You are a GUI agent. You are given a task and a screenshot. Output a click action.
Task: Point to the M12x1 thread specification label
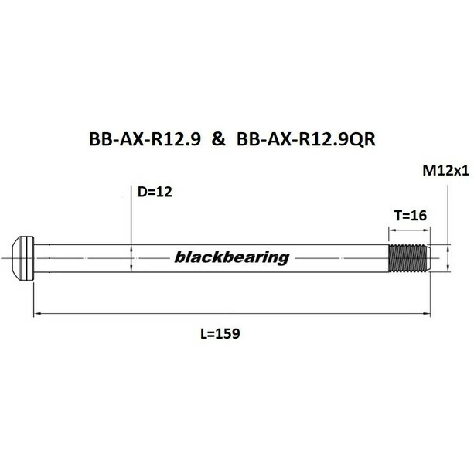(x=447, y=173)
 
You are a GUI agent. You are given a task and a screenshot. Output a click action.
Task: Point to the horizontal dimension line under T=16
(x=408, y=230)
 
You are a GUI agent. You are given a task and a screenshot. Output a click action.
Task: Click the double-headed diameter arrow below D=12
(x=133, y=257)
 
